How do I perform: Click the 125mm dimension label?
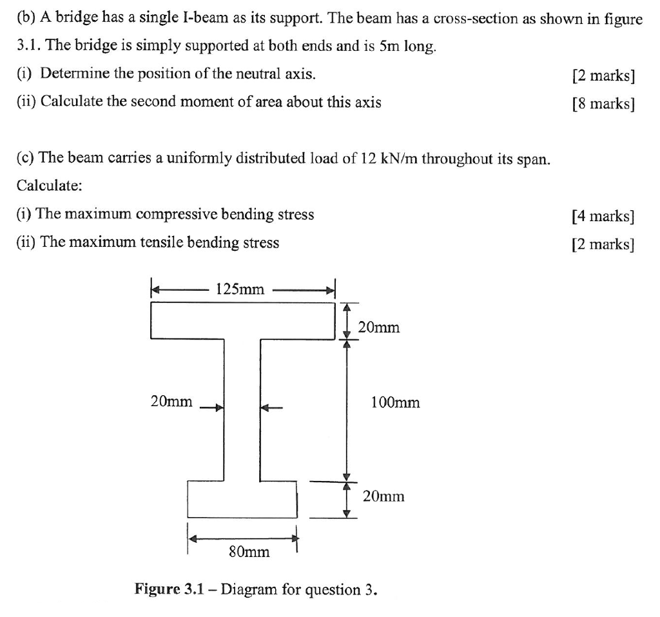240,289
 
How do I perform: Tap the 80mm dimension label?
249,553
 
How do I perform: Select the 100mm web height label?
395,403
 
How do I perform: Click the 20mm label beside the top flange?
379,328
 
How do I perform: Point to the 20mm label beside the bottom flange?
383,496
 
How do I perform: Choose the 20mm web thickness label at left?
171,402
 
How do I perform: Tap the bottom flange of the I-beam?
242,499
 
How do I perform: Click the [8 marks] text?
603,104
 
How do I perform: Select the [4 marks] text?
603,216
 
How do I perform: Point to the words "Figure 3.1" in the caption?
170,589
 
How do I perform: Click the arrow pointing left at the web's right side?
271,407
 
